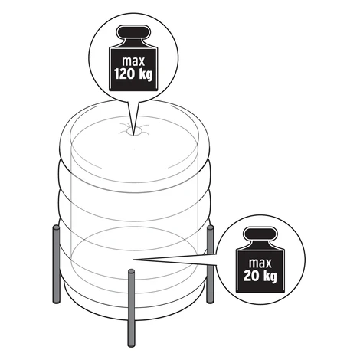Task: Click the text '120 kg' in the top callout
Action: [x=133, y=75]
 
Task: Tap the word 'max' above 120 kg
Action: [x=133, y=61]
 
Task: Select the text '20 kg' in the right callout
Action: [x=260, y=276]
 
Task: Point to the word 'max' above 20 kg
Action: [x=260, y=263]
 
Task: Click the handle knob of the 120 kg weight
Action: [x=133, y=33]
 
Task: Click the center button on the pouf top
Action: [x=133, y=132]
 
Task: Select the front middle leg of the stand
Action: [x=131, y=308]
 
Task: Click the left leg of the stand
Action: [x=56, y=264]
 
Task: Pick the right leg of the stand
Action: [x=211, y=264]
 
